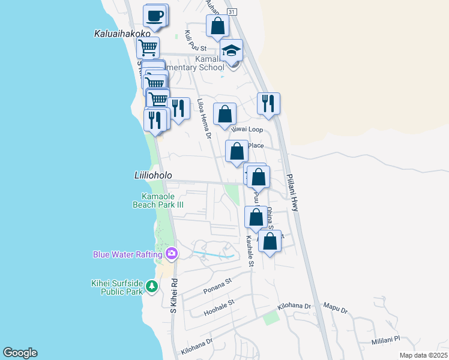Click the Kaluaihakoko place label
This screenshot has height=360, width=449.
tap(122, 34)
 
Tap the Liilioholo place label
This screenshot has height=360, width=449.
tap(152, 175)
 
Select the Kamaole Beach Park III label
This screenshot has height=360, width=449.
tap(158, 200)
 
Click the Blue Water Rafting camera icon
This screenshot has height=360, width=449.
tap(172, 254)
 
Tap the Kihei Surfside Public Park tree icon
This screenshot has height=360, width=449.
tap(152, 287)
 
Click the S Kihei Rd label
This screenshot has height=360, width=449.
tap(173, 295)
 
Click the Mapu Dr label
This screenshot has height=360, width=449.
tap(337, 310)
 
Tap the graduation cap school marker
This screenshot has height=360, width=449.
tap(231, 51)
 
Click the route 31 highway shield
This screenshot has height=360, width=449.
tap(232, 11)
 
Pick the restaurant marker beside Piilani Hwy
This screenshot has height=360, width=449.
tap(268, 104)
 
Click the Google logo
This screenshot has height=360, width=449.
tap(20, 353)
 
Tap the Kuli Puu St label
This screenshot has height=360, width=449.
tap(196, 41)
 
